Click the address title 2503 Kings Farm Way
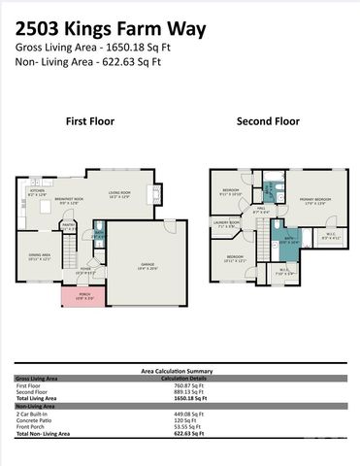pyautogui.click(x=110, y=29)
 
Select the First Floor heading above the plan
pyautogui.click(x=89, y=121)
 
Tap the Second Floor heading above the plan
pyautogui.click(x=269, y=121)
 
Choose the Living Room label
pyautogui.click(x=118, y=193)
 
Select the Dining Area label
pyautogui.click(x=39, y=256)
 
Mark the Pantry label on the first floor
pyautogui.click(x=70, y=224)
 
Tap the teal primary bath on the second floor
pyautogui.click(x=289, y=234)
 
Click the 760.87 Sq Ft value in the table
pyautogui.click(x=180, y=385)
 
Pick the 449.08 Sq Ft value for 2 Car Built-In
pyautogui.click(x=180, y=413)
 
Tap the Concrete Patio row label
pyautogui.click(x=34, y=419)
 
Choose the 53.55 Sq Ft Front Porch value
pyautogui.click(x=180, y=426)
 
